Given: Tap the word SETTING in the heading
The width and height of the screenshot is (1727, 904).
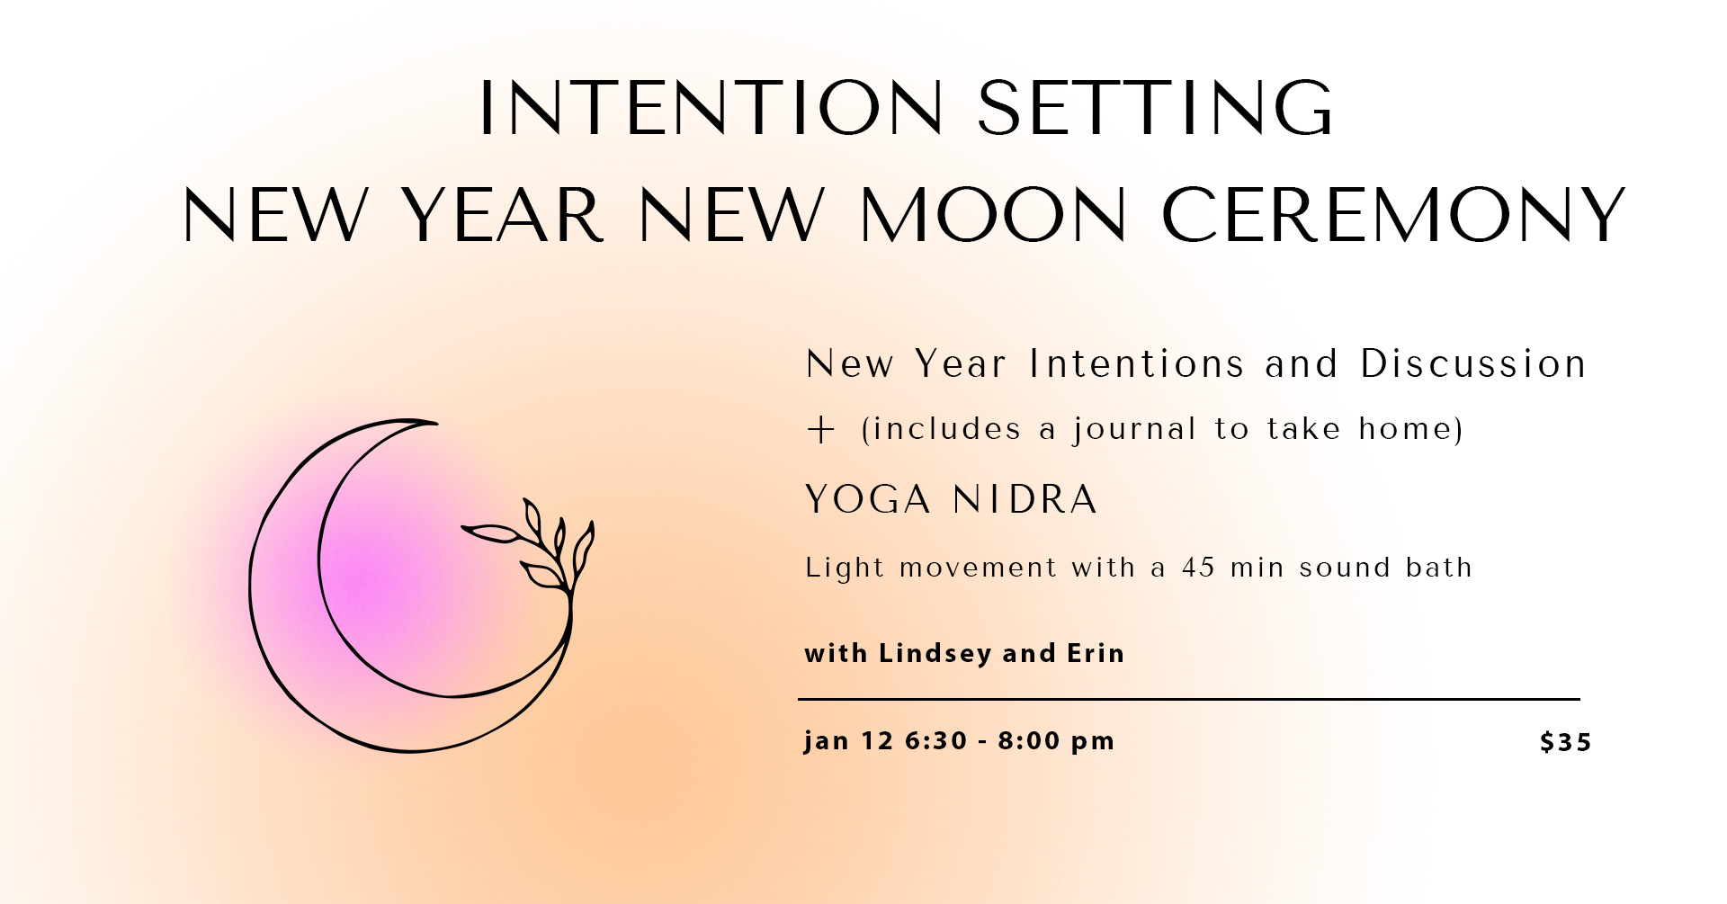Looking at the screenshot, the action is tap(1155, 108).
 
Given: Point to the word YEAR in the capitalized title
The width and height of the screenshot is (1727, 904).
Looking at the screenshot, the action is tap(502, 215).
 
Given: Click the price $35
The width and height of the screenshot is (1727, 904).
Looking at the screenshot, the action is tap(1565, 742).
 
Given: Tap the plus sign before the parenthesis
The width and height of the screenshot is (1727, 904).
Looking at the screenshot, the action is tap(820, 430).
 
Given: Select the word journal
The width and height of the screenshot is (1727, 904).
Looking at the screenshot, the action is tap(1134, 429).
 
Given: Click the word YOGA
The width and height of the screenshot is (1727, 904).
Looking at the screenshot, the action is tap(868, 499).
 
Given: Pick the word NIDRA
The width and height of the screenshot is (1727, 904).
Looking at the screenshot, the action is tap(1025, 499).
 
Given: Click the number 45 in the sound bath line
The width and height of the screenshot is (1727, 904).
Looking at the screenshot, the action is tap(1198, 568).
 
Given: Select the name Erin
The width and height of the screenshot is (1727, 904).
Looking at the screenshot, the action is tap(1096, 653).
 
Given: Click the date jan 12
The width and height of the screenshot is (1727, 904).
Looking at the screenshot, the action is tap(848, 740).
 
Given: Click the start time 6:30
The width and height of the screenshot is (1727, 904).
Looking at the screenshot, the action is tap(936, 740).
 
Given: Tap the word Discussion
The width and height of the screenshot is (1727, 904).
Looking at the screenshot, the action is tap(1472, 364).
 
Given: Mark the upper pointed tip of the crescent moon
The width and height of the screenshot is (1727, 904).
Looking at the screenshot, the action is tap(436, 422).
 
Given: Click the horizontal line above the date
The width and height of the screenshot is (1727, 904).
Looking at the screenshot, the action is tap(1189, 699).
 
